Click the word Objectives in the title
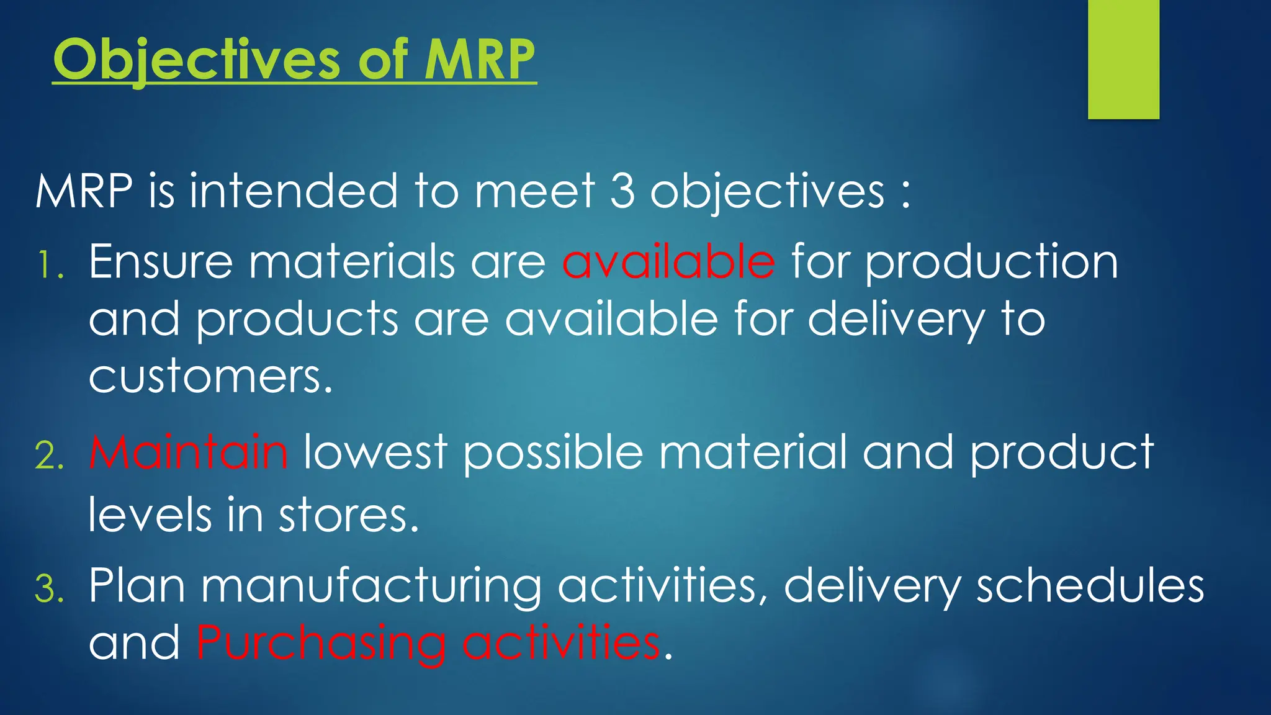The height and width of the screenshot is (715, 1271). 196,60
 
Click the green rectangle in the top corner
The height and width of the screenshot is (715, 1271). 1123,59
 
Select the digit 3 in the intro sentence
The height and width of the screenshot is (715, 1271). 622,191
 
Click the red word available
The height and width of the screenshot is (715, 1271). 668,262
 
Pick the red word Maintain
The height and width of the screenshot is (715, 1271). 188,452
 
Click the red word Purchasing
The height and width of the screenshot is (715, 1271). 320,643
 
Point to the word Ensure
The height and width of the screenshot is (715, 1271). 161,262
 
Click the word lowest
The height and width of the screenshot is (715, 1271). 375,452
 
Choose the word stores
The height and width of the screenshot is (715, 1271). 348,515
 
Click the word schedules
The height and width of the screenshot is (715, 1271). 1090,586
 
